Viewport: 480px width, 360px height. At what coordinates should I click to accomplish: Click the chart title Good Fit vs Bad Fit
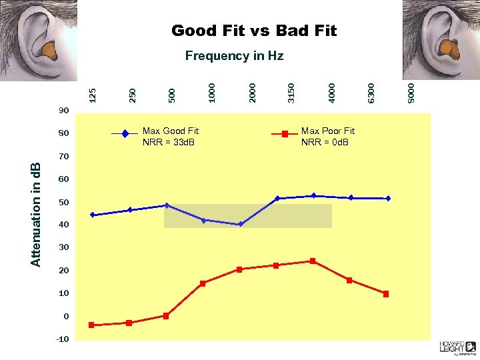(x=254, y=31)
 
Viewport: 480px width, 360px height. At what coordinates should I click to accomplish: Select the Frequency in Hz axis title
(x=234, y=56)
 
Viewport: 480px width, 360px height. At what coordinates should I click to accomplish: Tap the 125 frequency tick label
(x=93, y=92)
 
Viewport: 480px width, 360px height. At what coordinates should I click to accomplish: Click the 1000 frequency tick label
(x=211, y=91)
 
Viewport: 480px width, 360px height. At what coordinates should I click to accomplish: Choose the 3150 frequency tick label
(x=291, y=91)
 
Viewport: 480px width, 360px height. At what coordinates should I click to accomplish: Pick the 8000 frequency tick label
(x=411, y=91)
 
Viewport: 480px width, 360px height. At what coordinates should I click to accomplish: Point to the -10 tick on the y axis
(x=62, y=339)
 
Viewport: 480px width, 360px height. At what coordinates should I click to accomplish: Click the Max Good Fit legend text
(x=171, y=137)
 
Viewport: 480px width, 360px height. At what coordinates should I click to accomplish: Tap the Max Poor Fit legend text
(x=328, y=137)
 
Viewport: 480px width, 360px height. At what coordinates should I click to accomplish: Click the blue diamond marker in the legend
(x=125, y=134)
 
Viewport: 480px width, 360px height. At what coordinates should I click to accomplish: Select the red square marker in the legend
(x=285, y=134)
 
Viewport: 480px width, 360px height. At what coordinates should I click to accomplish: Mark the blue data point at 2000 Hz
(x=240, y=224)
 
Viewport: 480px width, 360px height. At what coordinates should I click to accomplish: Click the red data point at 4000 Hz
(x=313, y=261)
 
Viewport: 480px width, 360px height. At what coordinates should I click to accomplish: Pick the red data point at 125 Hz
(x=91, y=325)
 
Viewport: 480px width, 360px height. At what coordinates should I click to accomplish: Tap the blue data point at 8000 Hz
(x=387, y=198)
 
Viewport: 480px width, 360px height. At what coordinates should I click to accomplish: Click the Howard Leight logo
(x=457, y=346)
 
